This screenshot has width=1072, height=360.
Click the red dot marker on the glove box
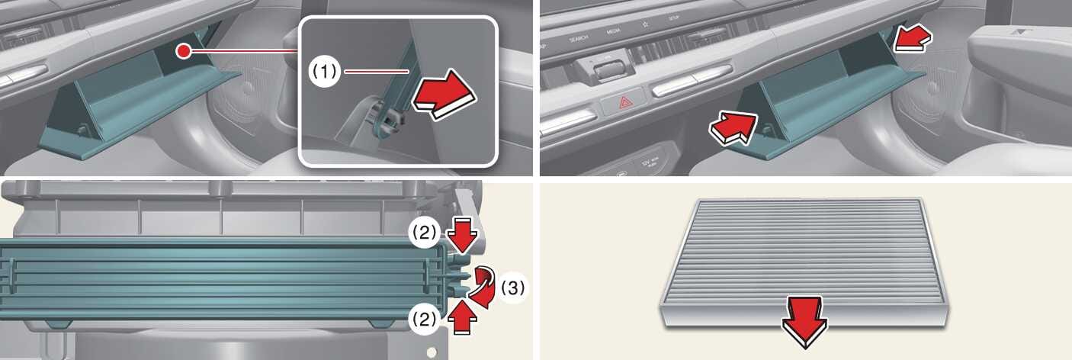(182, 52)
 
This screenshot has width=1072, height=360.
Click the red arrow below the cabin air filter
(804, 320)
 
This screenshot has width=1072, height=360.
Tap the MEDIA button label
(614, 32)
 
